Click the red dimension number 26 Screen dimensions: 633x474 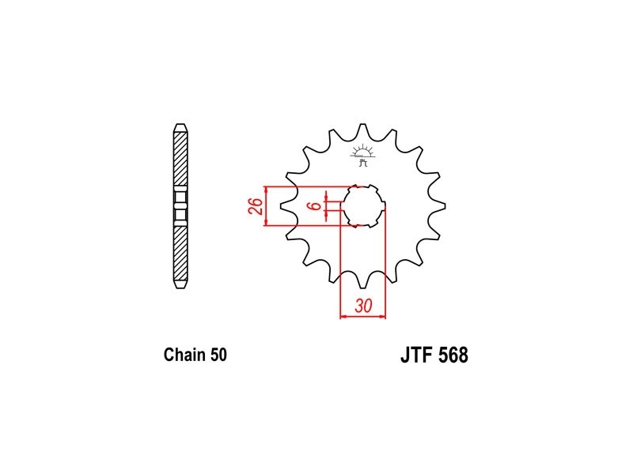click(256, 206)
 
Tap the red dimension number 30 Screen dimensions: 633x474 click(363, 306)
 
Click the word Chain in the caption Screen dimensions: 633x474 click(184, 355)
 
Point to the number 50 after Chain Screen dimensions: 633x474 click(218, 355)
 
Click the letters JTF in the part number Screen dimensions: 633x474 click(417, 355)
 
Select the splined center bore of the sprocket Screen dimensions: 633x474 click(363, 206)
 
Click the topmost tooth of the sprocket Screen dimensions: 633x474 click(363, 130)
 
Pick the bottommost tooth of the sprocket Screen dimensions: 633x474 click(363, 282)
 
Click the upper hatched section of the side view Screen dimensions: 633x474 click(180, 159)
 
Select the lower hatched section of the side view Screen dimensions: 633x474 click(180, 253)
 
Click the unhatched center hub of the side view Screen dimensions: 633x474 click(180, 206)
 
